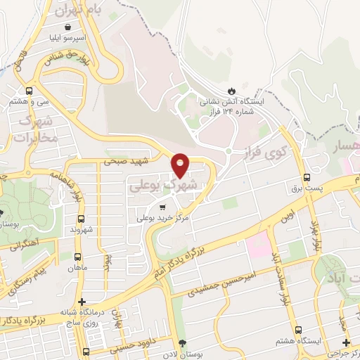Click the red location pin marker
click(x=181, y=165)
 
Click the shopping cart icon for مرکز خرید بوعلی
click(x=163, y=207)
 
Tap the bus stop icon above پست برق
click(x=306, y=177)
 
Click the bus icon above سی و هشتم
click(x=29, y=91)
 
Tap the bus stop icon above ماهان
click(x=77, y=257)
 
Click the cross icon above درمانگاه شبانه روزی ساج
click(x=82, y=302)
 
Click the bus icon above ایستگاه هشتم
click(x=299, y=330)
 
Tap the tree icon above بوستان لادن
click(x=183, y=343)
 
